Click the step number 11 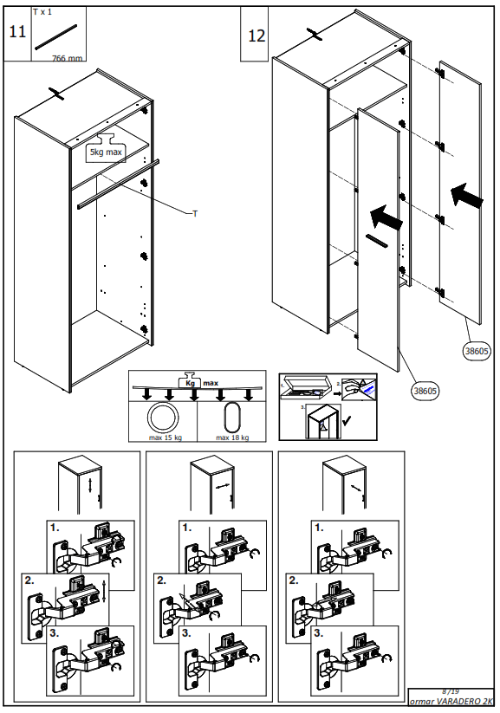(16, 32)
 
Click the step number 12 (256, 36)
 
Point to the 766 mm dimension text (68, 58)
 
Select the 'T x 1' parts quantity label (42, 12)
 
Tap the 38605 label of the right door (477, 351)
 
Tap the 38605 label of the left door (425, 390)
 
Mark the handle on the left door (378, 240)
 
